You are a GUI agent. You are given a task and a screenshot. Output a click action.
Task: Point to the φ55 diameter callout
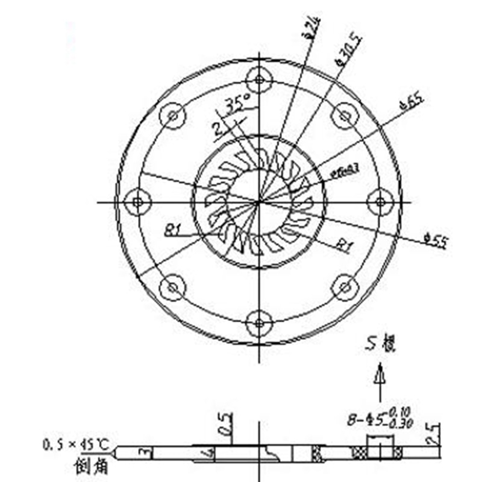pos(436,242)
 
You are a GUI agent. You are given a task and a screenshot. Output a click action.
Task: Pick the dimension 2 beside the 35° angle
pos(216,127)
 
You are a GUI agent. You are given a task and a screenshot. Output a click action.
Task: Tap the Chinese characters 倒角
pos(89,466)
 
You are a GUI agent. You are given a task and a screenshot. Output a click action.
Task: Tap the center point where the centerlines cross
pos(259,202)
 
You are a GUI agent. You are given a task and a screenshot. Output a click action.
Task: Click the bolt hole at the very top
pos(260,79)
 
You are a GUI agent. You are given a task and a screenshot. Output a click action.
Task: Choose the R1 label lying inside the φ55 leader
pos(344,244)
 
